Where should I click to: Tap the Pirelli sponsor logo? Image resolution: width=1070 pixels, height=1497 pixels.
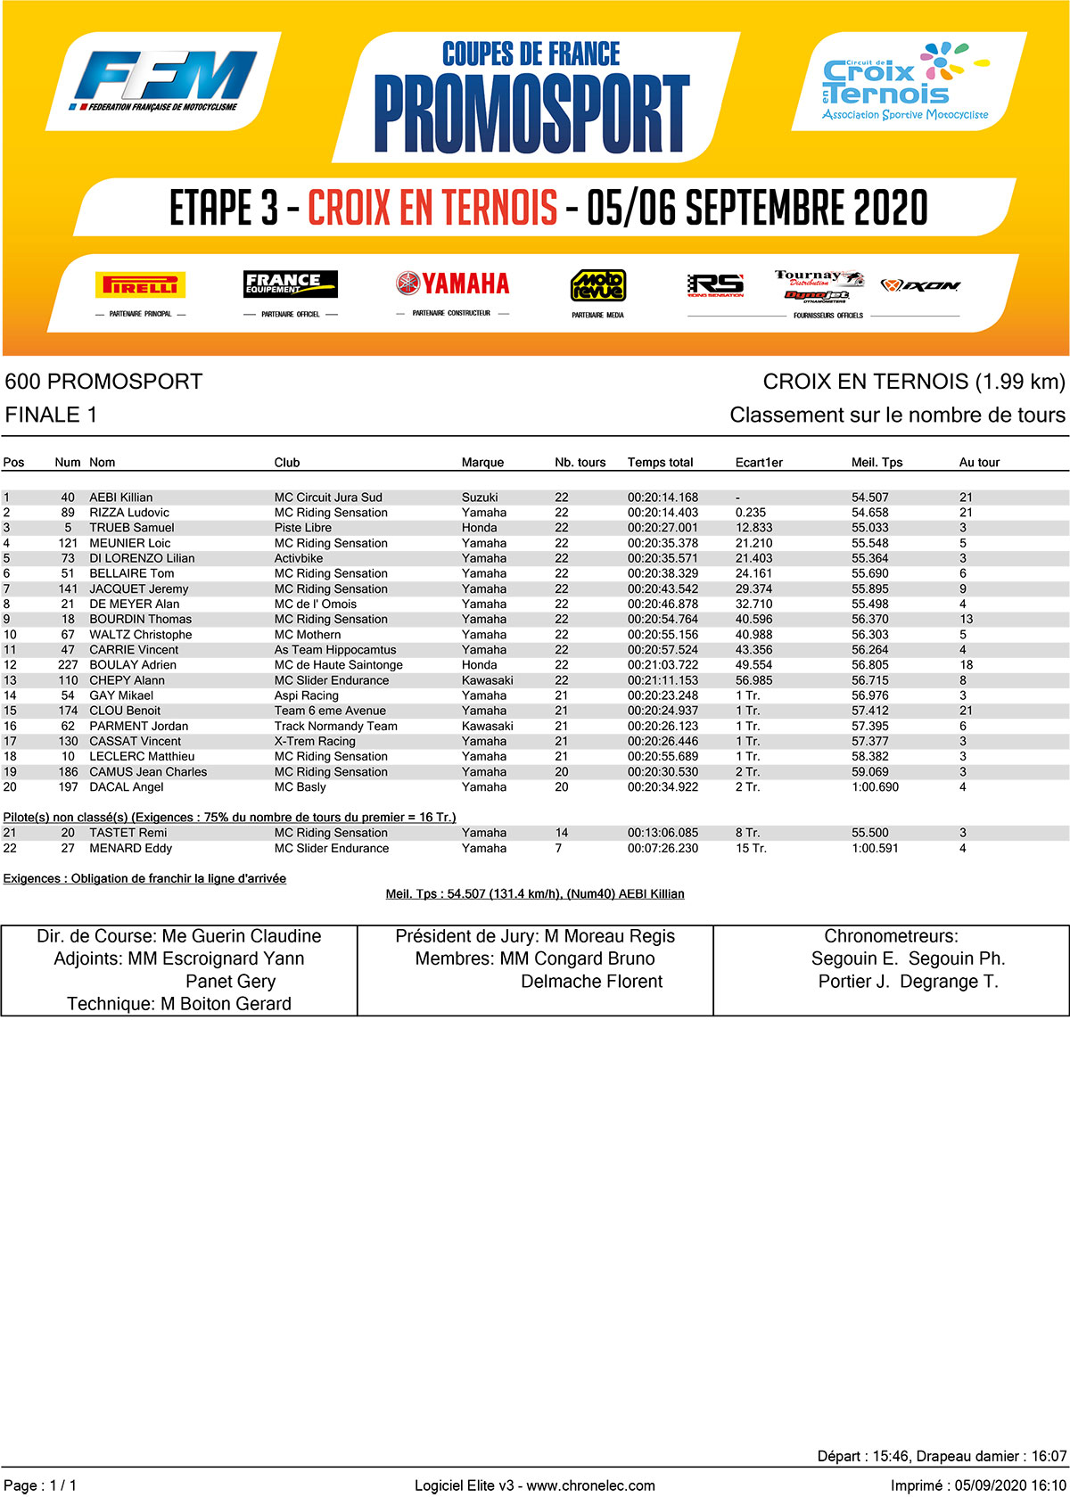[x=140, y=284]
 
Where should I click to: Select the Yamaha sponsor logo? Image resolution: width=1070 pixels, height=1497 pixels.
[x=452, y=284]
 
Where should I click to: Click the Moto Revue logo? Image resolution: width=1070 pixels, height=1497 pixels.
[x=597, y=285]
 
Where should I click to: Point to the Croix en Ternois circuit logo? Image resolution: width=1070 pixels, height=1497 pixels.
[x=904, y=82]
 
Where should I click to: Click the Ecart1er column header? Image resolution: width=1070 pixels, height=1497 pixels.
[x=759, y=462]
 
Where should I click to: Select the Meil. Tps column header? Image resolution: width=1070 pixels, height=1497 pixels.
[x=877, y=462]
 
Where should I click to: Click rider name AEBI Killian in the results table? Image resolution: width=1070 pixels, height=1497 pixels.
[x=121, y=498]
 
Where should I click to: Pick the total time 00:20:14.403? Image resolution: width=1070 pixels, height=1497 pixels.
[x=663, y=513]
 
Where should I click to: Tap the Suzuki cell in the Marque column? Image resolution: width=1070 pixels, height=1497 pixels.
[x=480, y=498]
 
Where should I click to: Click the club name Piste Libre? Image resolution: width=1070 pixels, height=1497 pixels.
[x=304, y=528]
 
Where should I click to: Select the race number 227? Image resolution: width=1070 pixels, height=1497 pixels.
[x=68, y=665]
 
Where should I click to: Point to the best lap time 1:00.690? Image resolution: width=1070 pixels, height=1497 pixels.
[x=875, y=787]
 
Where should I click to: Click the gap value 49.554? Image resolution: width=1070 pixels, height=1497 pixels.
[x=753, y=665]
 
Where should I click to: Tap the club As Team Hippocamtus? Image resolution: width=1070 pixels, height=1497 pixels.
[x=335, y=650]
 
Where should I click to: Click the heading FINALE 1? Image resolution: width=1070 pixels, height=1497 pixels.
[x=52, y=415]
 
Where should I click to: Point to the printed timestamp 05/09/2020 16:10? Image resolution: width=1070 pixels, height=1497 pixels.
[x=1009, y=1485]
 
